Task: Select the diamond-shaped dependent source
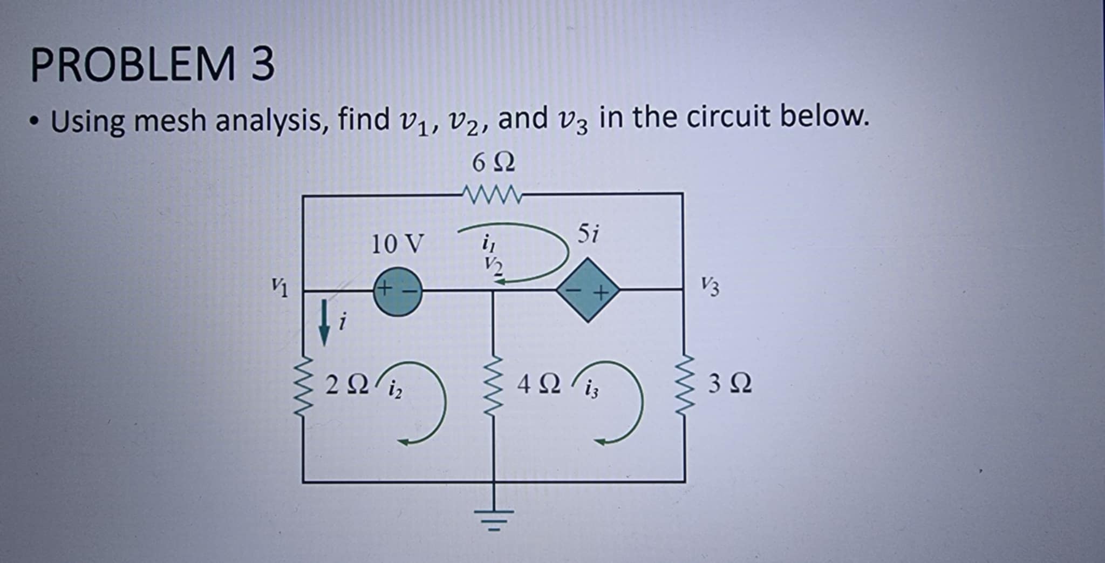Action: [x=588, y=291]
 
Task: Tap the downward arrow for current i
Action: [x=324, y=323]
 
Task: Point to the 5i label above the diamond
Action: [x=588, y=233]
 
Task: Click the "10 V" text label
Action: [x=398, y=243]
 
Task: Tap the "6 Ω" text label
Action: [x=493, y=162]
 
